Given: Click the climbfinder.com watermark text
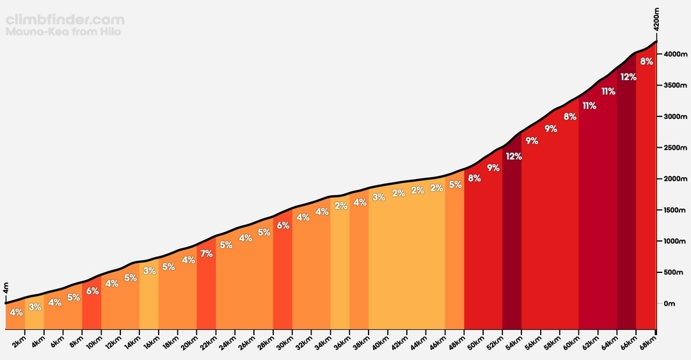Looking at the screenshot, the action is pos(65,20).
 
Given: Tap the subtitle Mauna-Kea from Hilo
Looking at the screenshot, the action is pos(63,32).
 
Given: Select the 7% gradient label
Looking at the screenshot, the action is pos(206,254).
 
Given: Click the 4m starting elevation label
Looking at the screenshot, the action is pos(6,288).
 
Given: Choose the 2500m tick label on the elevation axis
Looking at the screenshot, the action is pos(675,148).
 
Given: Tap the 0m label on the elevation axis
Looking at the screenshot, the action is pos(669,304).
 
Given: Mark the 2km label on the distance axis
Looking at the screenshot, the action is pos(19,342).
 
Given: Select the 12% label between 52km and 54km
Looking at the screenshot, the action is pos(514,157).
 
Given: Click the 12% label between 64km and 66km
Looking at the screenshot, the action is pos(628,77).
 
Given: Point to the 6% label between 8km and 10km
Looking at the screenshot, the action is pos(93,291).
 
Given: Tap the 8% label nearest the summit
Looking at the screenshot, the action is pos(646,61).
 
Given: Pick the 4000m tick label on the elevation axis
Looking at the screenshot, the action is pos(675,54).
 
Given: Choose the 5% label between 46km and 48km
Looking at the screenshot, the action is pos(456,185).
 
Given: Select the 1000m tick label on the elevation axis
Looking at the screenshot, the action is pos(675,241).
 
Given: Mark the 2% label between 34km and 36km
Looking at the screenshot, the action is pos(340,205).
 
